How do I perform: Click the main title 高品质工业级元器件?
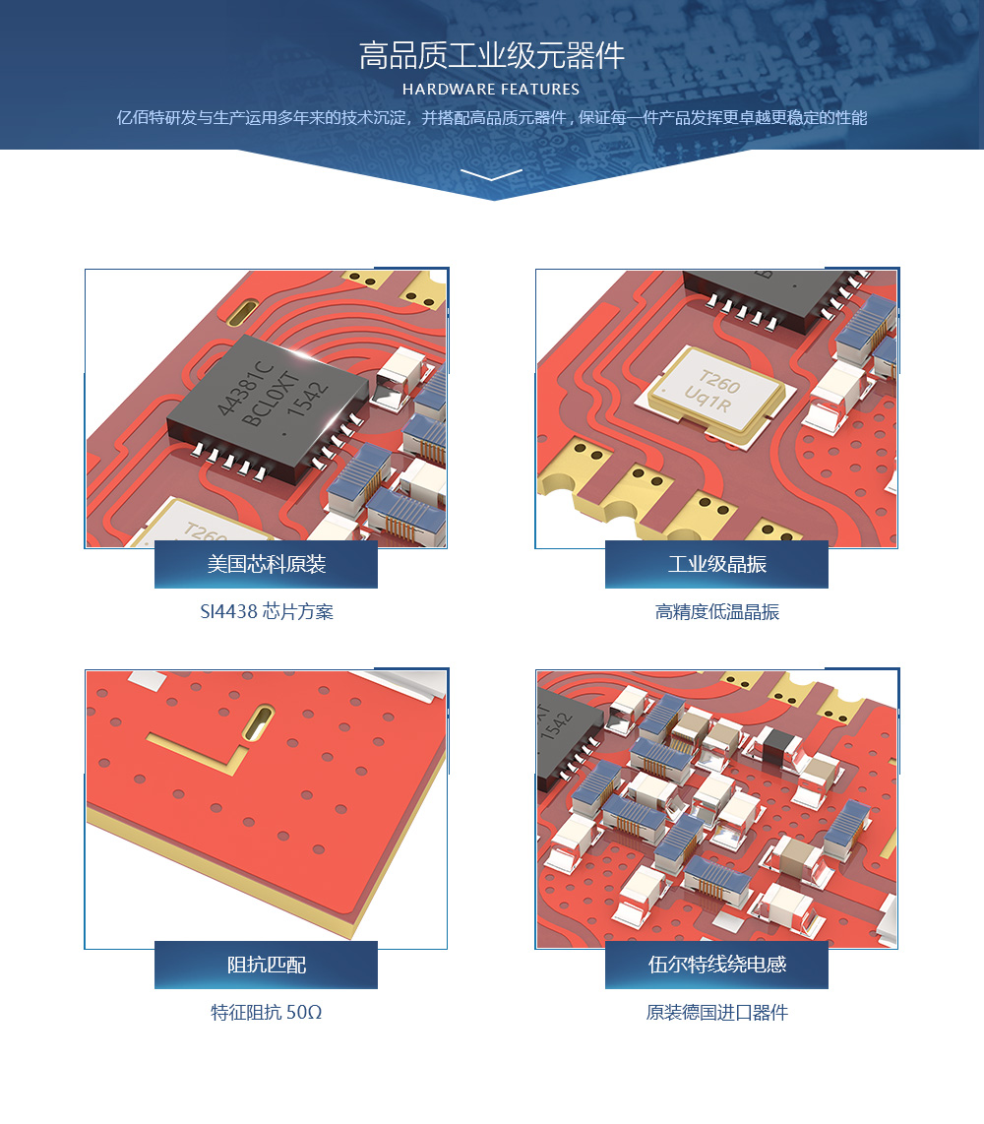click(492, 55)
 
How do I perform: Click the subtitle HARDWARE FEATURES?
click(491, 90)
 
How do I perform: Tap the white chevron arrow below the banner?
click(492, 174)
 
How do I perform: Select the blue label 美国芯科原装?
click(266, 564)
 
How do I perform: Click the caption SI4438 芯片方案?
click(267, 611)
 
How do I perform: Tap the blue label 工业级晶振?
click(716, 564)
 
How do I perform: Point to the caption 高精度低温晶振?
click(717, 611)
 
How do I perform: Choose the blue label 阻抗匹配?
click(266, 965)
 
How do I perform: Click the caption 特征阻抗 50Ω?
click(267, 1012)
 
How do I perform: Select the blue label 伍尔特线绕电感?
click(716, 965)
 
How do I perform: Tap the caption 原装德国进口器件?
click(717, 1012)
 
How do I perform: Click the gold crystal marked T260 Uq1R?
click(716, 397)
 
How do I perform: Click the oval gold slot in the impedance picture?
click(259, 722)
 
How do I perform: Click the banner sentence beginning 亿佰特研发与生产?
click(492, 117)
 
